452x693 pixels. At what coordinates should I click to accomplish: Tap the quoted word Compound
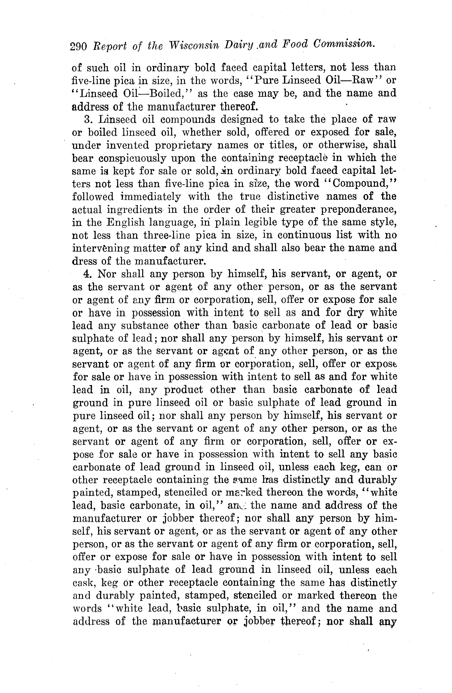360,184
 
